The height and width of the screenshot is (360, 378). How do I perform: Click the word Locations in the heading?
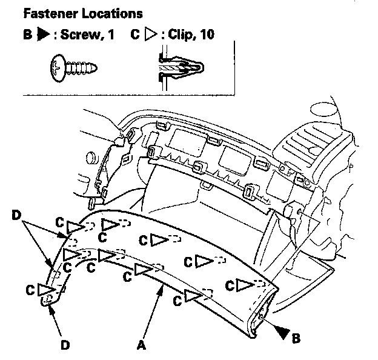(x=112, y=13)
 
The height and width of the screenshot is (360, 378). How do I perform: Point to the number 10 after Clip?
(x=207, y=34)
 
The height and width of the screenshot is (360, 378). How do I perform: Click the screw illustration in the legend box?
(x=74, y=68)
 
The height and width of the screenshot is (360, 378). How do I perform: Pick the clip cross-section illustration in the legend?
(x=181, y=67)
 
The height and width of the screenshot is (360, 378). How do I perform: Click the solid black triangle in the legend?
(x=44, y=35)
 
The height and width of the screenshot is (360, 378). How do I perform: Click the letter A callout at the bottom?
(x=142, y=345)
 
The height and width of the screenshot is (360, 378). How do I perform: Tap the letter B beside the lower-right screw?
(x=296, y=338)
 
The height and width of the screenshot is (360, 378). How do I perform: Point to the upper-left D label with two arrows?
(x=16, y=216)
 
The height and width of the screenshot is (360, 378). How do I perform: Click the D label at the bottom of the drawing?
(x=65, y=345)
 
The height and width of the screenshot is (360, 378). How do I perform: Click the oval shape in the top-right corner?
(x=323, y=109)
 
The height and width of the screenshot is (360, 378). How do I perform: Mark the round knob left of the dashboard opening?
(x=91, y=158)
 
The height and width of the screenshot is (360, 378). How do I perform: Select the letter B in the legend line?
(x=27, y=34)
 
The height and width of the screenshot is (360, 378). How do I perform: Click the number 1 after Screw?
(x=111, y=35)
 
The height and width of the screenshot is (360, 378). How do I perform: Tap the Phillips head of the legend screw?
(x=58, y=68)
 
